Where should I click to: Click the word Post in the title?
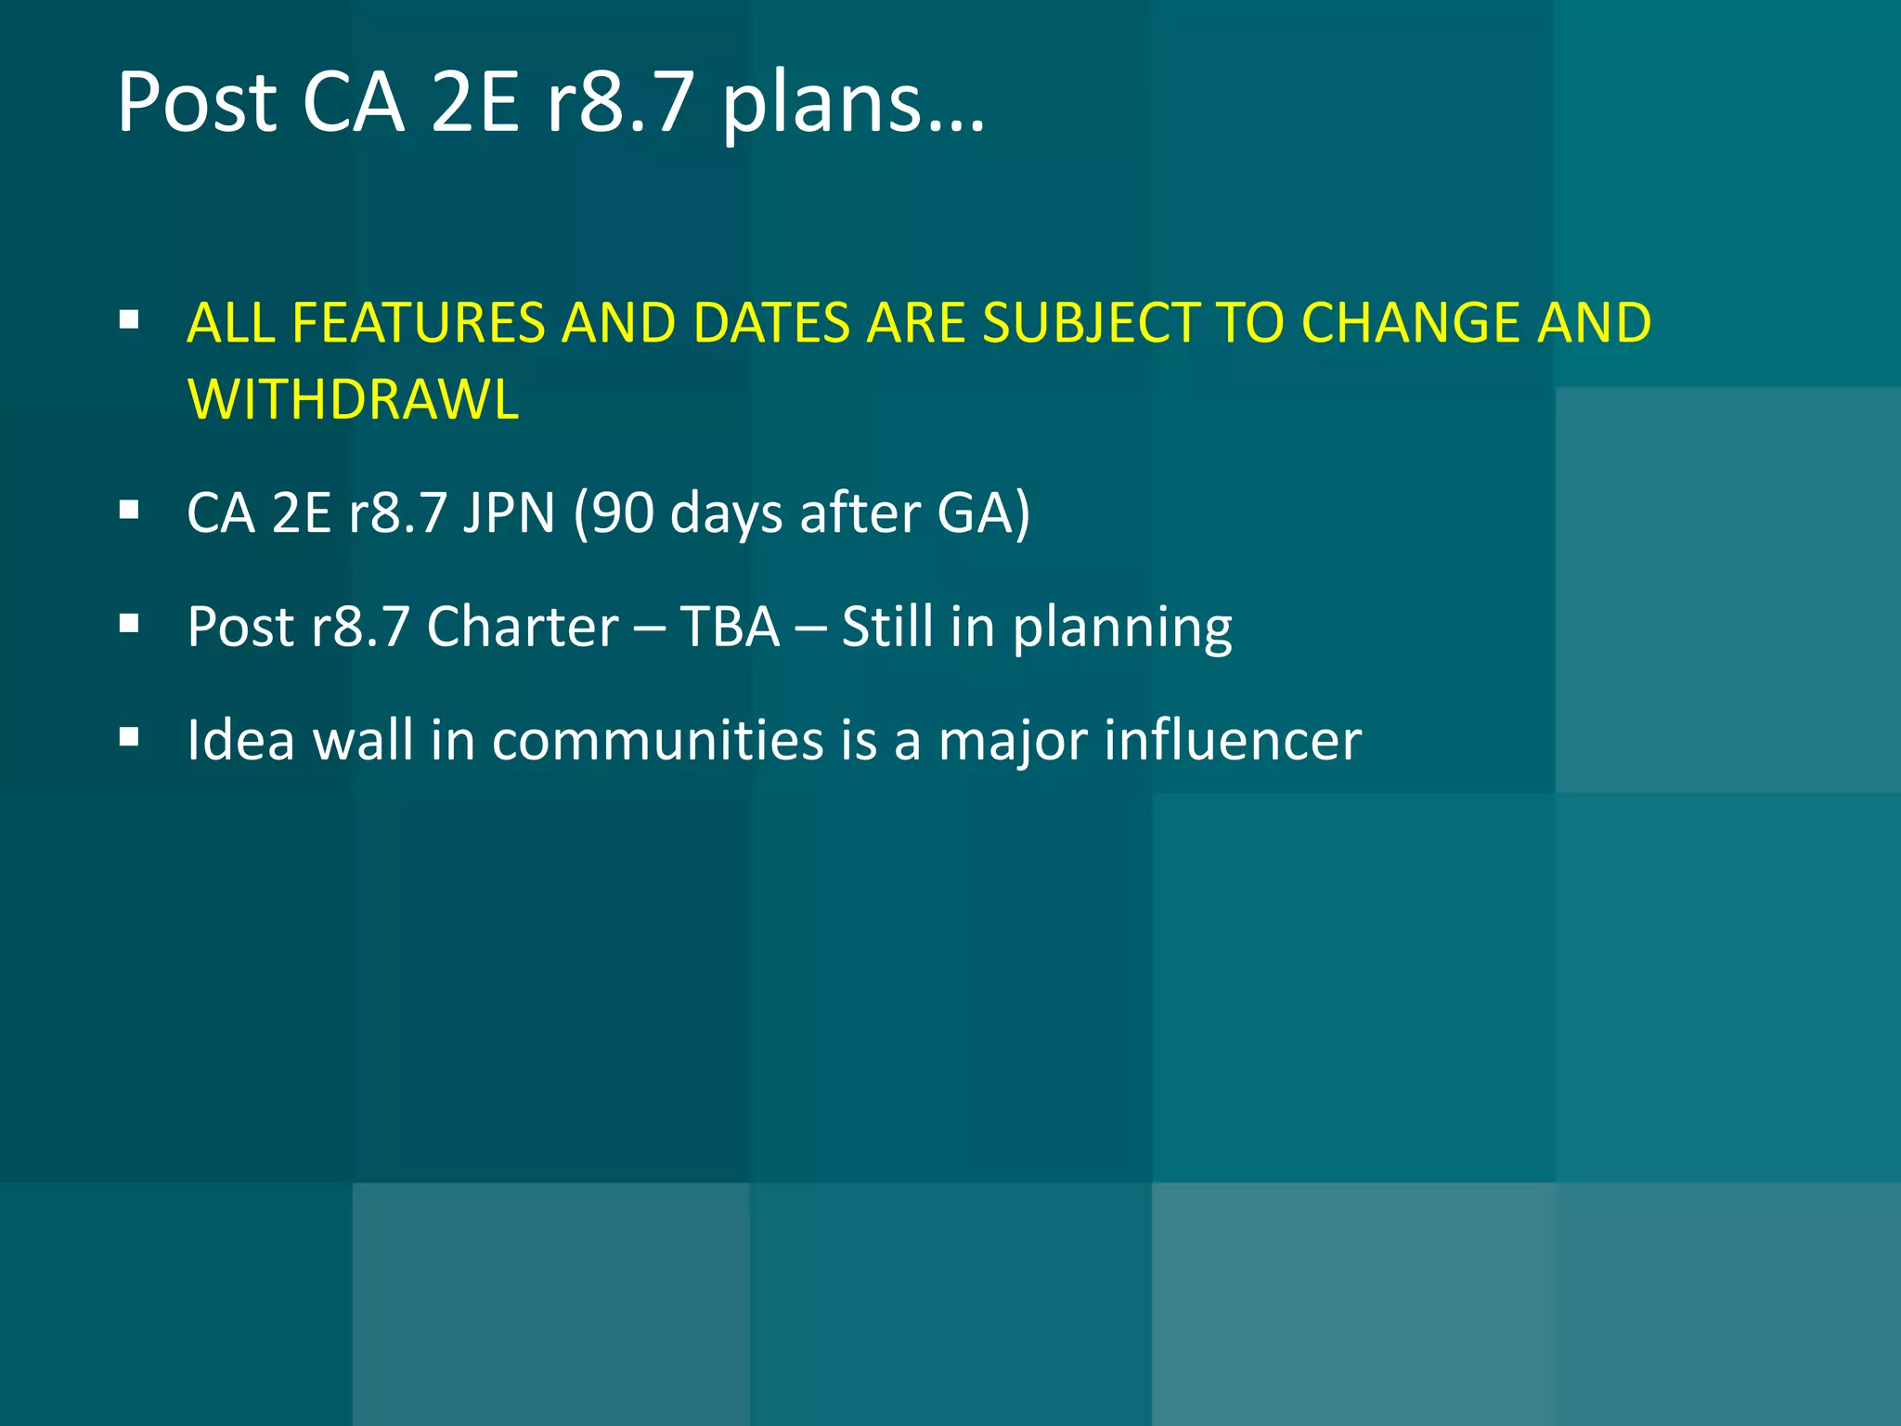(x=197, y=102)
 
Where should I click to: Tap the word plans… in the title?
(x=852, y=104)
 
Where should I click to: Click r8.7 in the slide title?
(x=619, y=102)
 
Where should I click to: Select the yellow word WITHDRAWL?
(x=353, y=399)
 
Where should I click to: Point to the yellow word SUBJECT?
(x=1091, y=323)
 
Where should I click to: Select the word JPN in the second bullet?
(x=509, y=512)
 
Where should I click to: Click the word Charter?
(x=523, y=627)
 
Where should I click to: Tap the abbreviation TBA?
(x=731, y=627)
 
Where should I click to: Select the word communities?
(x=658, y=741)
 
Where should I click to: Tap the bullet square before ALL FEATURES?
(x=130, y=321)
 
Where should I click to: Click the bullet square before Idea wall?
(x=130, y=738)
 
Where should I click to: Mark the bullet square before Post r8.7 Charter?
(x=130, y=624)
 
